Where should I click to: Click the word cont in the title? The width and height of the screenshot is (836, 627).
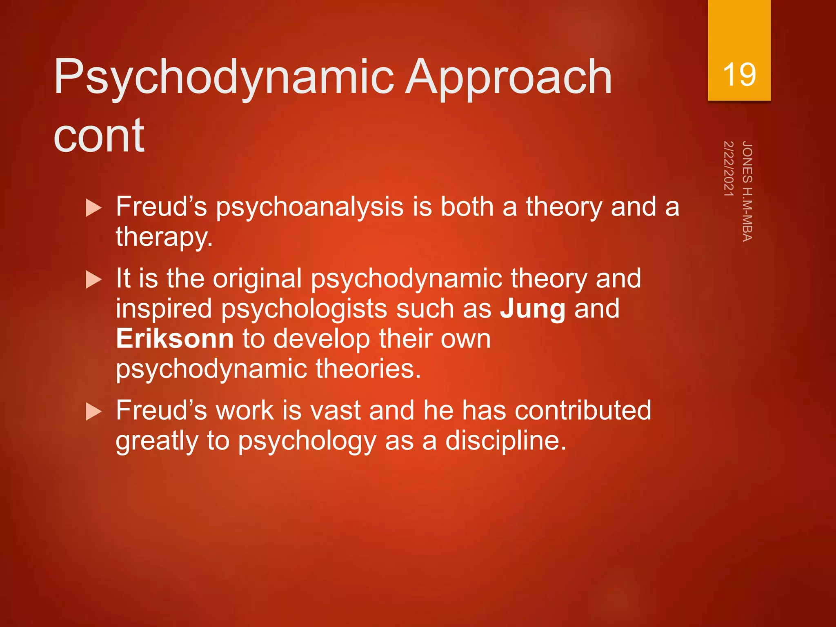click(x=99, y=135)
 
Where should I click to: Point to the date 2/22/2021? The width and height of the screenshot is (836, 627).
click(x=729, y=168)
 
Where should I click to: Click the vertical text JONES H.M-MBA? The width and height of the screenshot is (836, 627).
click(x=747, y=191)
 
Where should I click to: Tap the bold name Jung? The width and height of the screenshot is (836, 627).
click(x=533, y=309)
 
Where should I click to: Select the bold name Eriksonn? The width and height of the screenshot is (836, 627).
click(x=175, y=339)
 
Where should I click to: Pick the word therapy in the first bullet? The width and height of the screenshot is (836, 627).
click(x=163, y=237)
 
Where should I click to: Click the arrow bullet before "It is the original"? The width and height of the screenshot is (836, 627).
click(x=94, y=280)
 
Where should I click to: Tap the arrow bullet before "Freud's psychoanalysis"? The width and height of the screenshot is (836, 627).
click(x=94, y=208)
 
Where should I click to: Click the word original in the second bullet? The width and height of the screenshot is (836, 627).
click(x=257, y=279)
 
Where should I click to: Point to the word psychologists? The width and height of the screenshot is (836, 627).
click(x=304, y=309)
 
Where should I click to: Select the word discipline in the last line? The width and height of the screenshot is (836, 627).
click(x=505, y=441)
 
